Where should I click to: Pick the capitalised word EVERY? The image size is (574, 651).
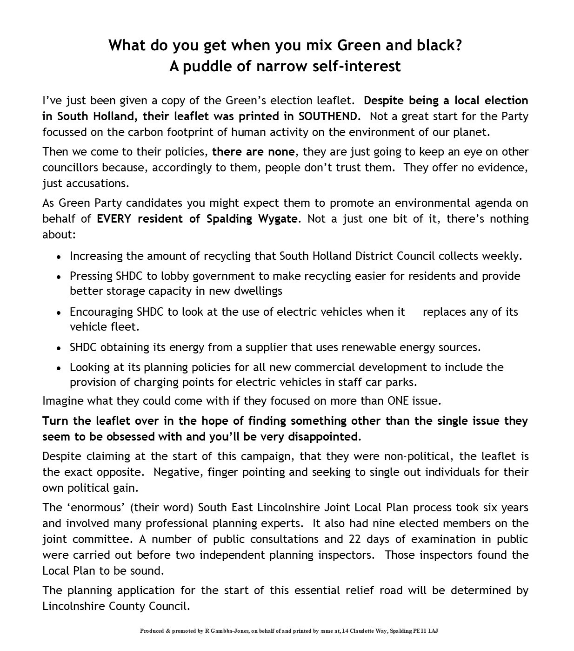click(114, 218)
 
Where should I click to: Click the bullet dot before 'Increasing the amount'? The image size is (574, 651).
click(59, 257)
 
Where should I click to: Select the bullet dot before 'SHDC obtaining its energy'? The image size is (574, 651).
click(59, 348)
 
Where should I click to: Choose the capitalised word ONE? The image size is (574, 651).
click(398, 400)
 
